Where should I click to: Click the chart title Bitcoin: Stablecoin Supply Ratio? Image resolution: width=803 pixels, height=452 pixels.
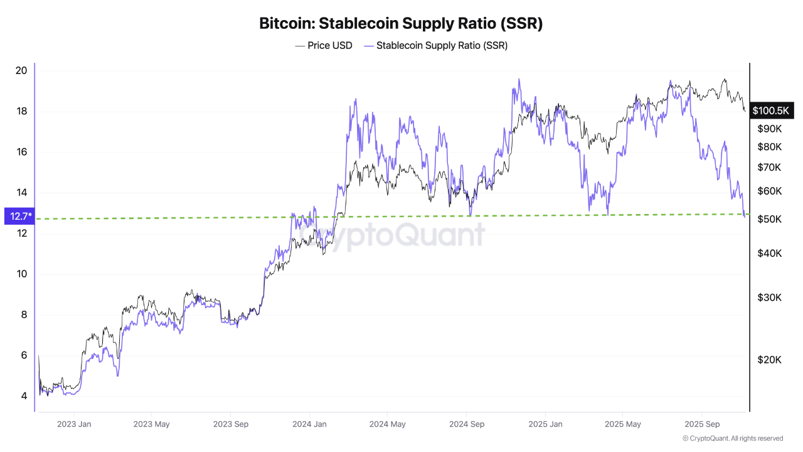(401, 24)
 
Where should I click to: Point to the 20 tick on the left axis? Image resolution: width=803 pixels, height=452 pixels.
(21, 70)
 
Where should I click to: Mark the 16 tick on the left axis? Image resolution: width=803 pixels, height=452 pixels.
(21, 152)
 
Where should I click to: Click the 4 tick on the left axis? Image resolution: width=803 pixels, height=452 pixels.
(23, 396)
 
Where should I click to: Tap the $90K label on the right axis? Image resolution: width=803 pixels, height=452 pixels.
(769, 129)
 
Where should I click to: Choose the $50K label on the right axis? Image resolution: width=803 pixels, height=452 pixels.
(769, 219)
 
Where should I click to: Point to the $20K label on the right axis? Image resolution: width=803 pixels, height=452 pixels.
(769, 360)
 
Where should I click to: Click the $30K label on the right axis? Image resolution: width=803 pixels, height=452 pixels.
(769, 297)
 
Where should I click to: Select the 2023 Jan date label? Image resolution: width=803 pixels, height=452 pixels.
(74, 424)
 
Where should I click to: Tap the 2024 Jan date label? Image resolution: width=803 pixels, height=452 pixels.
(310, 424)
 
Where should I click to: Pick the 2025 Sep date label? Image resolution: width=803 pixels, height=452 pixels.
(702, 424)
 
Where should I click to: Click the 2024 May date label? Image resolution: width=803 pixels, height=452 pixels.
(387, 424)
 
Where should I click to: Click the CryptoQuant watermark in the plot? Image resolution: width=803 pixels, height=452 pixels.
(391, 235)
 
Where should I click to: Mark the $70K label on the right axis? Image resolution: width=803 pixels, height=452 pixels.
(769, 168)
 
